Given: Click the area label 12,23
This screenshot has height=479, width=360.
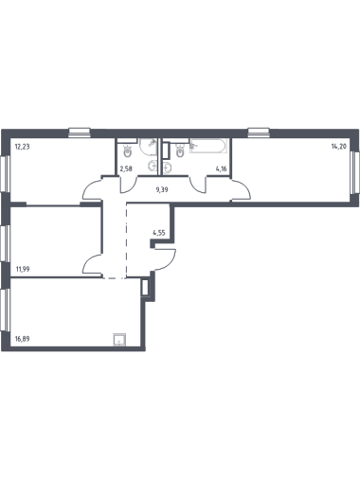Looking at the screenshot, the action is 22,147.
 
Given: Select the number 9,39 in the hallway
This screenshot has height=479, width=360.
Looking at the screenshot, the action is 162,189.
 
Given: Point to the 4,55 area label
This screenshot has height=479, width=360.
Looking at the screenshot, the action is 159,233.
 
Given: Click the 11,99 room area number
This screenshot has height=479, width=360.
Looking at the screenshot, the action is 23,269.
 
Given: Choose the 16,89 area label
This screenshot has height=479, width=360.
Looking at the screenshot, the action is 23,339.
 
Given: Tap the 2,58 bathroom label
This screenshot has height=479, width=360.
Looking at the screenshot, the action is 126,169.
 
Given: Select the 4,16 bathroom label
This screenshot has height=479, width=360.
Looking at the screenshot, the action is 221,169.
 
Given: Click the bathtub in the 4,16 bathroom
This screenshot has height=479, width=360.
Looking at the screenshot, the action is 207,147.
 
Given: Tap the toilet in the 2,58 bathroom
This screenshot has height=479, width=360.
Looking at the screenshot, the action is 128,151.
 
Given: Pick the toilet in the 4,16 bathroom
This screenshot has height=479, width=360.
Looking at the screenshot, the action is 180,151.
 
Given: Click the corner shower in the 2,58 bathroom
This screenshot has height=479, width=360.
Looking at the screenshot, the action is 149,147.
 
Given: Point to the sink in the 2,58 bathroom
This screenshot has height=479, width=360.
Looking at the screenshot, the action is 153,165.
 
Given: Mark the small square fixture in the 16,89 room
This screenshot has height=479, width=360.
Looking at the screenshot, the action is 119,340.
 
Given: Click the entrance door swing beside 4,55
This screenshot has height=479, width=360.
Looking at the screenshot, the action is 164,259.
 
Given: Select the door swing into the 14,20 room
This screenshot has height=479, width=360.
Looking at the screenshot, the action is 241,189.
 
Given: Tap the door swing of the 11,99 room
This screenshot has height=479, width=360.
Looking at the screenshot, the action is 92,264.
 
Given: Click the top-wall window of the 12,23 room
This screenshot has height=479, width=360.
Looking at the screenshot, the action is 80,133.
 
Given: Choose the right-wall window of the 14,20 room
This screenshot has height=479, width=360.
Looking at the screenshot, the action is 355,172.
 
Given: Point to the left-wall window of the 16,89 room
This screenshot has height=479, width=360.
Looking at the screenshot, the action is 5,310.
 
